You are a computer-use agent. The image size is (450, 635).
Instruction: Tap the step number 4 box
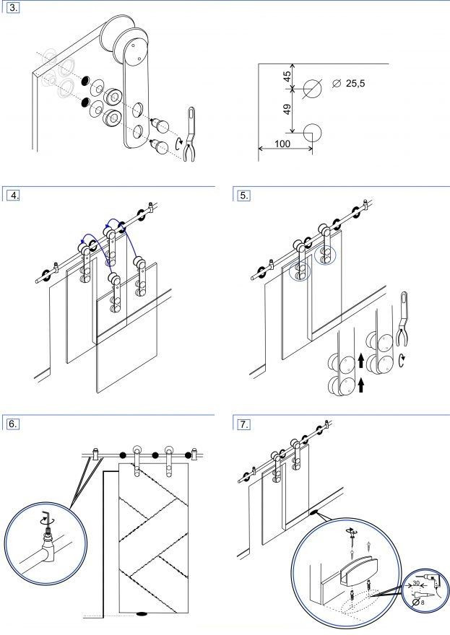12,195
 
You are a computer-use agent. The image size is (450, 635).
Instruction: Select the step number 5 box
244,195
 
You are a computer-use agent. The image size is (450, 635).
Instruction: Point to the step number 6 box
12,424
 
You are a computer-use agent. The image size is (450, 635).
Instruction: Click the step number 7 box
244,424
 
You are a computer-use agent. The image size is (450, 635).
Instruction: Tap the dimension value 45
287,76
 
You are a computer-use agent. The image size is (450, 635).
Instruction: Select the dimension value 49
287,110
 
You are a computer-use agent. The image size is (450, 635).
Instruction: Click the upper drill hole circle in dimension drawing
313,88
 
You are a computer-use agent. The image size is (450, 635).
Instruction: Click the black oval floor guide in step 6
141,614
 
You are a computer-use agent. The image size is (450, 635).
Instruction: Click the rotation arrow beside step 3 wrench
178,144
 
